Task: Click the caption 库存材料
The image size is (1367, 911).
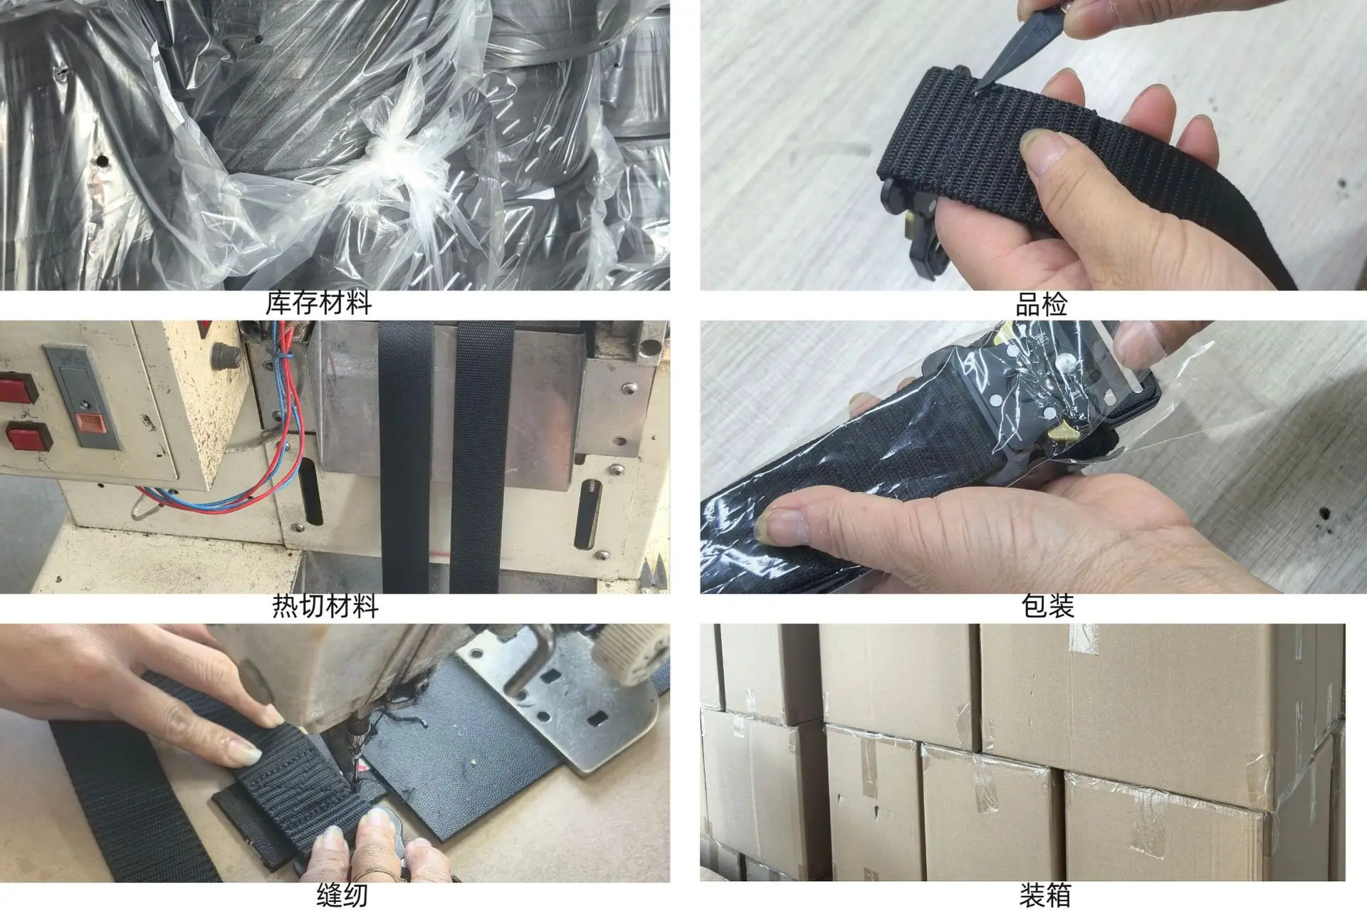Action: coord(318,303)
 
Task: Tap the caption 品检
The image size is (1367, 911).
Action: coord(1041,305)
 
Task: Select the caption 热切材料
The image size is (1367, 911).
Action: coord(325,606)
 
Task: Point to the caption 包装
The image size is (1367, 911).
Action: coord(1047,606)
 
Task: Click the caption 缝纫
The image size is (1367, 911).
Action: coord(342,895)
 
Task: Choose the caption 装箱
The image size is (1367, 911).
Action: coord(1045,895)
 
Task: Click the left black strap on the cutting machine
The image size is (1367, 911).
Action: coord(406,456)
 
